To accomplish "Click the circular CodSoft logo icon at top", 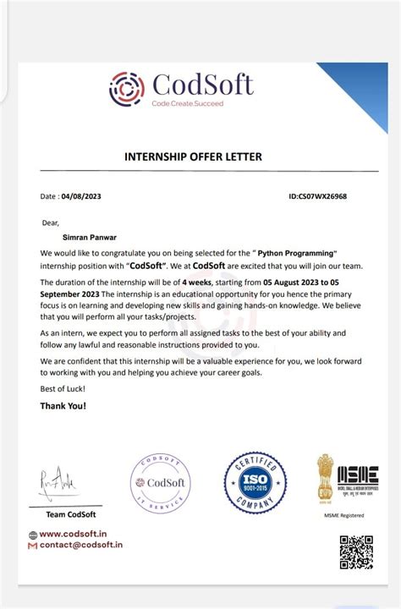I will tap(127, 89).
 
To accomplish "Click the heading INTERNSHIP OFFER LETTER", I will tap(193, 156).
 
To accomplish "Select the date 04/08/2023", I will tap(82, 196).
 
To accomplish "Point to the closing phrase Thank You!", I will tap(63, 405).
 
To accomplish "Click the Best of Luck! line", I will tap(62, 388).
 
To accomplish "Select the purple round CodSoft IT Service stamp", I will tap(160, 484).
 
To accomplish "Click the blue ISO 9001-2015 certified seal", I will tap(255, 483).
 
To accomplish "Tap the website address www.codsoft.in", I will tap(73, 534).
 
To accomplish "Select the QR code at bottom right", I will tap(355, 551).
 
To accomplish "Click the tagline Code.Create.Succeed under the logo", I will tap(188, 102).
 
